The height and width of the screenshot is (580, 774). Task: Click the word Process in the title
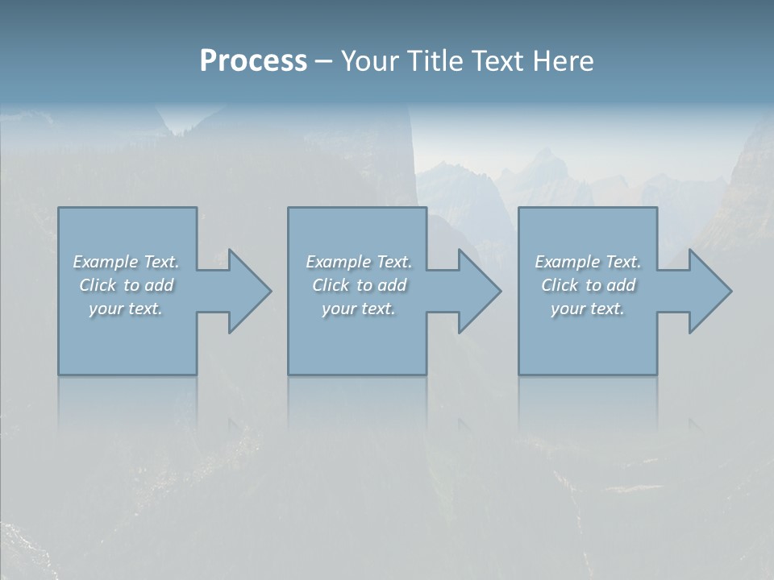pyautogui.click(x=253, y=61)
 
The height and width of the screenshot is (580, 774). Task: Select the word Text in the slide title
pyautogui.click(x=498, y=61)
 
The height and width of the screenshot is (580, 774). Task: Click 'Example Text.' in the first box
pyautogui.click(x=126, y=262)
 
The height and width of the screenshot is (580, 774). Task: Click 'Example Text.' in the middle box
pyautogui.click(x=359, y=262)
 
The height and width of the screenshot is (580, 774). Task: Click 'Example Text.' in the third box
pyautogui.click(x=588, y=262)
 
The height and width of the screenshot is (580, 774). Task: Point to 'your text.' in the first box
pyautogui.click(x=126, y=309)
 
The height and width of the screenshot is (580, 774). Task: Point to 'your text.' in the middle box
pyautogui.click(x=359, y=309)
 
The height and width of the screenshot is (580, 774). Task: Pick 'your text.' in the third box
pyautogui.click(x=588, y=309)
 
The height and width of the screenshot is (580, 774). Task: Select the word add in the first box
pyautogui.click(x=159, y=285)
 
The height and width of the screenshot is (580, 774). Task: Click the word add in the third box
pyautogui.click(x=621, y=285)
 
